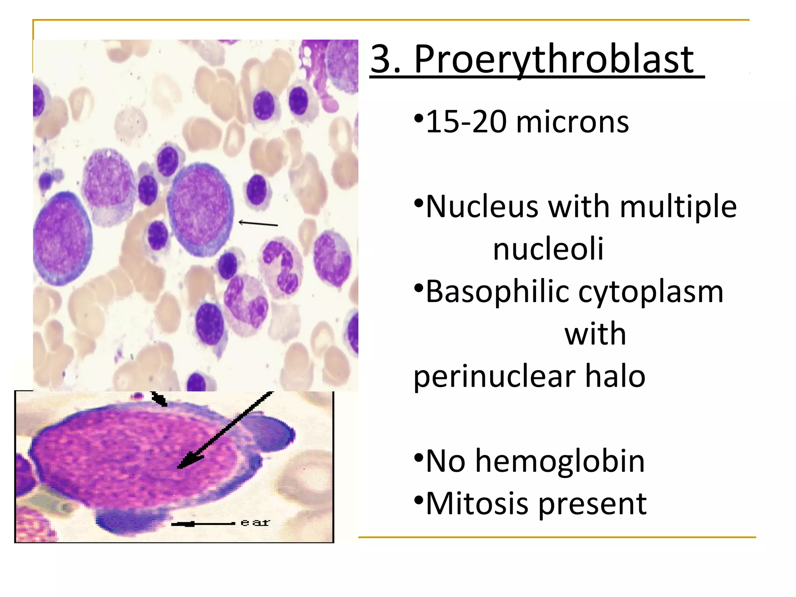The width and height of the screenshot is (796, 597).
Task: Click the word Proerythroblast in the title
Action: point(554,60)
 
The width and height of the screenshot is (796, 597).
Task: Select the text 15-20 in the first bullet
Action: point(467,122)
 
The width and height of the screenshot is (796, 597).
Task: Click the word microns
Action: point(572,122)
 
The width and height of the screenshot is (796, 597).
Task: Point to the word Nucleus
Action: point(482,206)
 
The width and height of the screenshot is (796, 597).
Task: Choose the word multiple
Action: point(678,206)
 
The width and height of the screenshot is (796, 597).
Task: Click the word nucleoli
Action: point(548,249)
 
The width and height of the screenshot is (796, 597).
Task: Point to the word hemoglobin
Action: point(560,461)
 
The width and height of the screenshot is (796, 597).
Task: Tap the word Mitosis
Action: point(477,503)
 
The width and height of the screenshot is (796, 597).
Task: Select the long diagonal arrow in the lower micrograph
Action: point(225,429)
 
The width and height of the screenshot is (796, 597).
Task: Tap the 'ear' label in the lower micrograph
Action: point(255,523)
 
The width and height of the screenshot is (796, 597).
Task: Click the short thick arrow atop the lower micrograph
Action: point(159,398)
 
